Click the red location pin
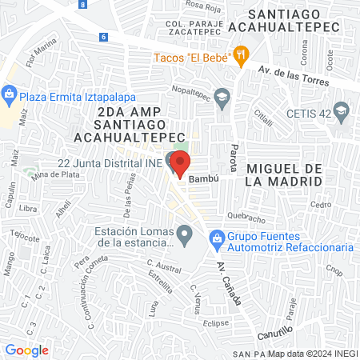coord(180,163)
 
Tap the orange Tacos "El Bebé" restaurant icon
coord(241,55)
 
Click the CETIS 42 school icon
coord(342,110)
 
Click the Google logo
coord(26,350)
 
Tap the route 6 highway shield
coord(103,37)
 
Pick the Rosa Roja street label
coord(203,5)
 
